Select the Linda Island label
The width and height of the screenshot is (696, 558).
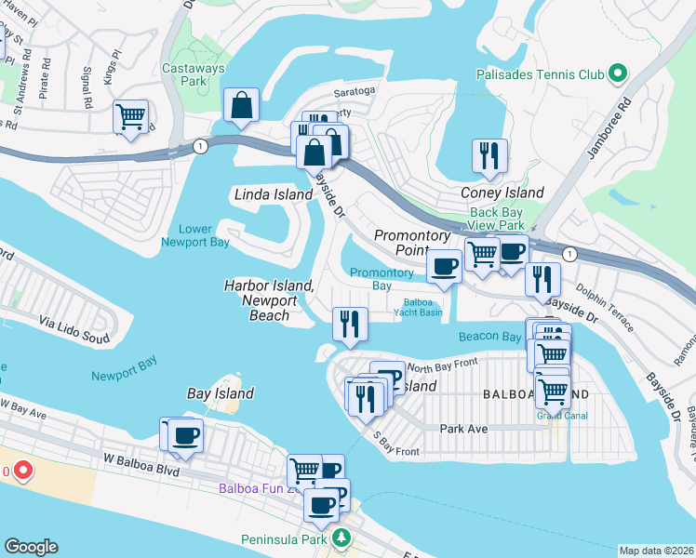272,195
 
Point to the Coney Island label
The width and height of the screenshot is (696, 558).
502,193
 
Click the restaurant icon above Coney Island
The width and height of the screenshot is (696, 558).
489,154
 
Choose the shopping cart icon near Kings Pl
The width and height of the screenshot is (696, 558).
130,117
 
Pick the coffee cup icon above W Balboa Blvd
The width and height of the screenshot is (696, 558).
185,435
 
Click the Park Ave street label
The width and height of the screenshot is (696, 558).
463,429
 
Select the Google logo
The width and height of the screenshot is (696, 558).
31,547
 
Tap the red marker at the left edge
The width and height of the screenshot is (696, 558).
19,472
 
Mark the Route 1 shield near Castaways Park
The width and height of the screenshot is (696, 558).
199,146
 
